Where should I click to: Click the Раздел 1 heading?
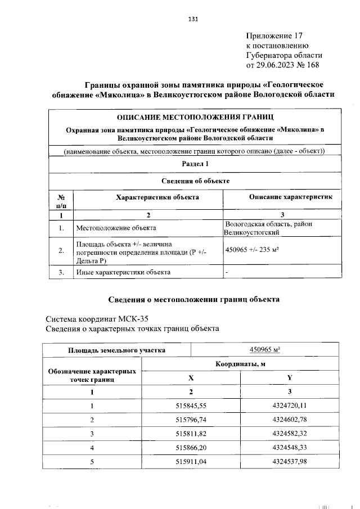coord(195,164)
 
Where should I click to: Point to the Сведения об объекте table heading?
coord(195,181)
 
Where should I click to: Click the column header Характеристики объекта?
coord(148,197)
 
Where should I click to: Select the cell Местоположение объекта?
coord(116,228)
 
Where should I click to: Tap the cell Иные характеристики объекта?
coord(123,272)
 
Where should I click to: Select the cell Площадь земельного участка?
coord(117,349)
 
